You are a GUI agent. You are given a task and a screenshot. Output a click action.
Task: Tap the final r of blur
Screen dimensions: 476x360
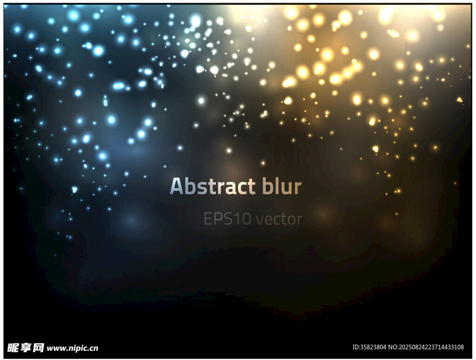pyautogui.click(x=297, y=188)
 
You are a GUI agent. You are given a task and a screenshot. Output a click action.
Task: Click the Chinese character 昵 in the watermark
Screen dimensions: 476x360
pyautogui.click(x=13, y=347)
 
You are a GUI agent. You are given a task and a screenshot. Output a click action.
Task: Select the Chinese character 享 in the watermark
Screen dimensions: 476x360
pyautogui.click(x=26, y=347)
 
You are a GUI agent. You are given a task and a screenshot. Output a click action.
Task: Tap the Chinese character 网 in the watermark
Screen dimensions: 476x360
pyautogui.click(x=38, y=347)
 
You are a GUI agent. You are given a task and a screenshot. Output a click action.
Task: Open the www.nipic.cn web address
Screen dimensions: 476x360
pyautogui.click(x=72, y=348)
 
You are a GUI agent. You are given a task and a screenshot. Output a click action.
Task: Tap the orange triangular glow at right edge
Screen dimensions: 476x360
pyautogui.click(x=460, y=99)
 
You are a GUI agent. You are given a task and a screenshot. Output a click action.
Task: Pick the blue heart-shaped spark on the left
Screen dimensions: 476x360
pyautogui.click(x=74, y=190)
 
